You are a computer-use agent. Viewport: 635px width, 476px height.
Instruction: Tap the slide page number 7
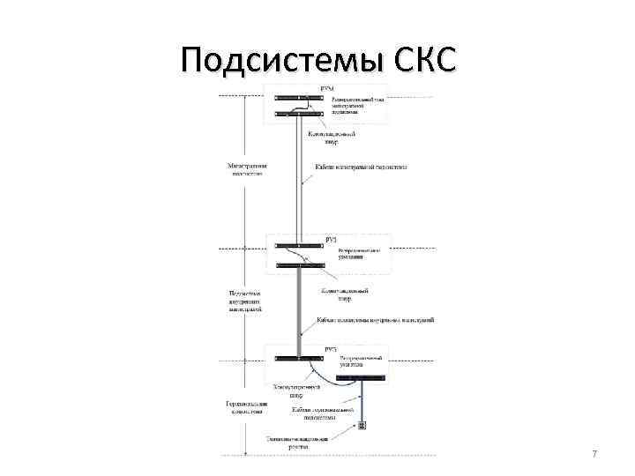pos(594,454)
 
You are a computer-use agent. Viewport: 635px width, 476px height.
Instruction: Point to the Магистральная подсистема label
pos(248,168)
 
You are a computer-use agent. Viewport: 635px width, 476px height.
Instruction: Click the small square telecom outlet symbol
pos(361,425)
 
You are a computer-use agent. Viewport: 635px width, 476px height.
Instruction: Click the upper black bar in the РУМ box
pos(301,97)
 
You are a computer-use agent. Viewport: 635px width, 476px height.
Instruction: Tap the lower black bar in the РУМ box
pos(301,114)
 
